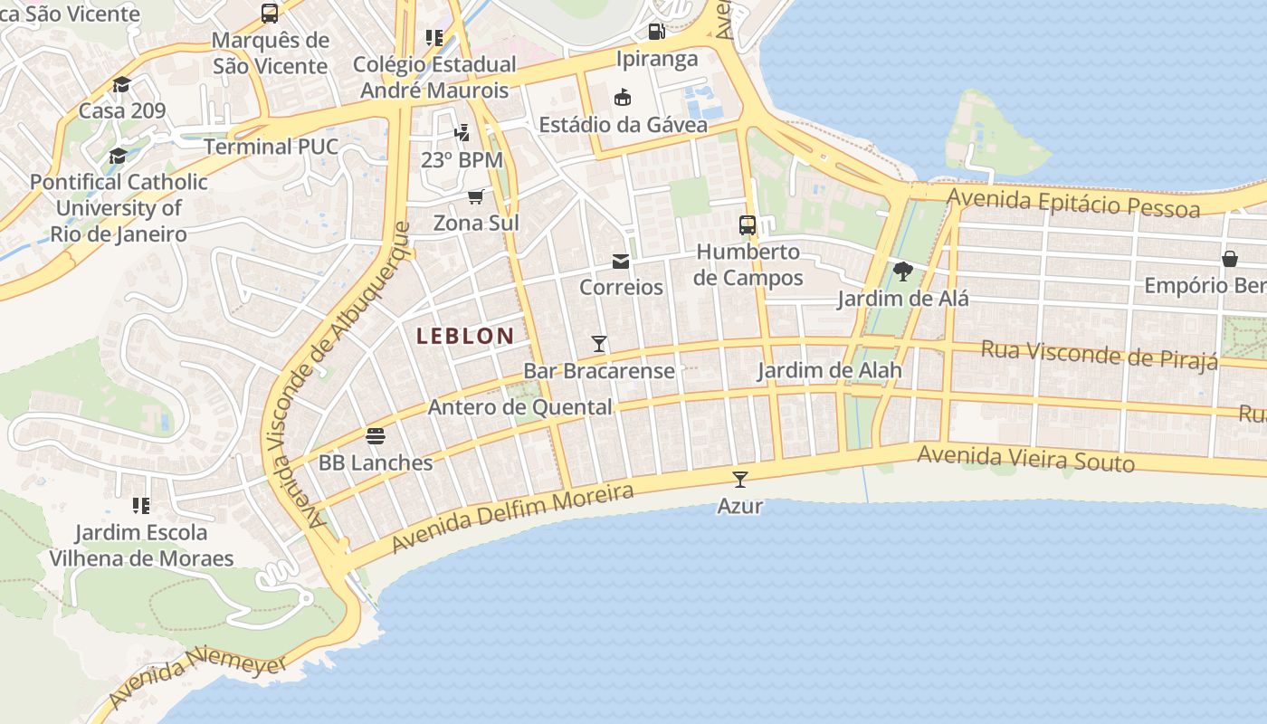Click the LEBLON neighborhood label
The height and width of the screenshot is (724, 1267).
click(x=465, y=336)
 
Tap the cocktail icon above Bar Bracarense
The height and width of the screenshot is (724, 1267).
click(x=598, y=344)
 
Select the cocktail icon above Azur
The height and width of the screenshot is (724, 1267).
click(x=740, y=480)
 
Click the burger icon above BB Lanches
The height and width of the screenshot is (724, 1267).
click(x=376, y=436)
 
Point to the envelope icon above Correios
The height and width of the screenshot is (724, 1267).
click(x=621, y=262)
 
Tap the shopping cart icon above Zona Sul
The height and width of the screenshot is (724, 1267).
click(x=476, y=196)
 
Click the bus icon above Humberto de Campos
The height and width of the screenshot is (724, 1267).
click(x=748, y=225)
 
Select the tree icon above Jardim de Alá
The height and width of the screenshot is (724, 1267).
click(x=902, y=271)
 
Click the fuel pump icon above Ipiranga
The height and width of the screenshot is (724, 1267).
click(x=657, y=32)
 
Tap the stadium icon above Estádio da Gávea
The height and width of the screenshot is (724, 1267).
click(x=623, y=98)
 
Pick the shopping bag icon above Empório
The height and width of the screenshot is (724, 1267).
click(x=1230, y=260)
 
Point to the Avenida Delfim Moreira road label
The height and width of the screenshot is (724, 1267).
click(x=513, y=519)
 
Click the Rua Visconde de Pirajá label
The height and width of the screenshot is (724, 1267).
click(x=1099, y=354)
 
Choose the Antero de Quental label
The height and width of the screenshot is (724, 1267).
click(x=519, y=407)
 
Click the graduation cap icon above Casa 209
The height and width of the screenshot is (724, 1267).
click(x=121, y=85)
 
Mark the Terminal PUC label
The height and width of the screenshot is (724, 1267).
click(x=271, y=147)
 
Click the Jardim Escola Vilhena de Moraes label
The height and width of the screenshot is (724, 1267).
click(x=141, y=545)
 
